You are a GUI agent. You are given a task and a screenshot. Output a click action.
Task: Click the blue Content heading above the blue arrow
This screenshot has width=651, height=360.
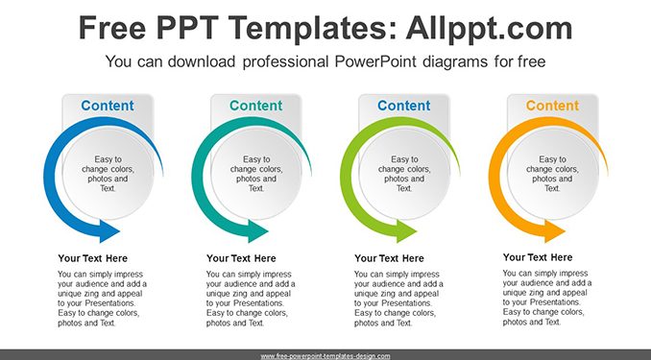pyautogui.click(x=108, y=106)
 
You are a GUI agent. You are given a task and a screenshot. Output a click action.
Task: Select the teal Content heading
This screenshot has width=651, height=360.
pyautogui.click(x=255, y=106)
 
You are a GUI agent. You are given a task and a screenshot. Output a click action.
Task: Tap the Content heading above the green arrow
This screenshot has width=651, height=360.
pyautogui.click(x=404, y=106)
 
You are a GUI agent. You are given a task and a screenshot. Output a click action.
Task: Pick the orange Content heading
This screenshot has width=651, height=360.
pyautogui.click(x=552, y=106)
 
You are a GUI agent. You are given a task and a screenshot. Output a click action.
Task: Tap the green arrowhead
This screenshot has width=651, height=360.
pyautogui.click(x=406, y=231)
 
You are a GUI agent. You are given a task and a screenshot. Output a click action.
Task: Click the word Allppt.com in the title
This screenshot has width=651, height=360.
pyautogui.click(x=489, y=28)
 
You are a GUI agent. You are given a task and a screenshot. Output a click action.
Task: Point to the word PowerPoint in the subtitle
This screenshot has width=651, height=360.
pyautogui.click(x=375, y=61)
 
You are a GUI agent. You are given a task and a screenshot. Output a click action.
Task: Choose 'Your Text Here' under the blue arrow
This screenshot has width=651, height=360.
pyautogui.click(x=92, y=258)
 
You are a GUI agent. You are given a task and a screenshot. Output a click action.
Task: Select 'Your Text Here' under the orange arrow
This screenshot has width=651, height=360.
pyautogui.click(x=538, y=257)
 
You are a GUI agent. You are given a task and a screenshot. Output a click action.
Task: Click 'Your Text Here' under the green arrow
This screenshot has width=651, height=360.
pyautogui.click(x=389, y=258)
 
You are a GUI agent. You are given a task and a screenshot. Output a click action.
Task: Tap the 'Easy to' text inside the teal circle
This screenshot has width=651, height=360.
pyautogui.click(x=256, y=159)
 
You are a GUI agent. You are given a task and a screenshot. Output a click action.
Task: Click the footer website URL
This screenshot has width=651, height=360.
pyautogui.click(x=325, y=356)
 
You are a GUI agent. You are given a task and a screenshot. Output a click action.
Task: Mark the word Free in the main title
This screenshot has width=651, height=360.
pyautogui.click(x=112, y=28)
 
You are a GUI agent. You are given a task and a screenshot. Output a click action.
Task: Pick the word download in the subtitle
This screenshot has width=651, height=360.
pyautogui.click(x=202, y=61)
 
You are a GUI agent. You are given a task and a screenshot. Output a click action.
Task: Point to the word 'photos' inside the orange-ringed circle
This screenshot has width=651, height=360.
pyautogui.click(x=543, y=179)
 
